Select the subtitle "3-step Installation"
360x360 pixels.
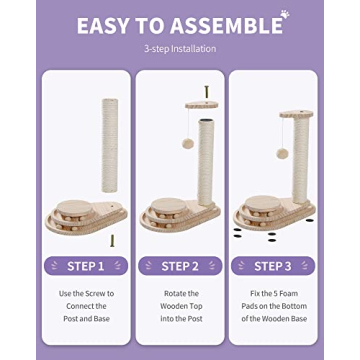pyautogui.click(x=180, y=48)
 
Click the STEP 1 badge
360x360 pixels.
pyautogui.click(x=85, y=267)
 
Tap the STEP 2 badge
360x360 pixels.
pyautogui.click(x=180, y=267)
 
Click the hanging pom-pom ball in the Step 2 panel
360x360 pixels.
pyautogui.click(x=186, y=142)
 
